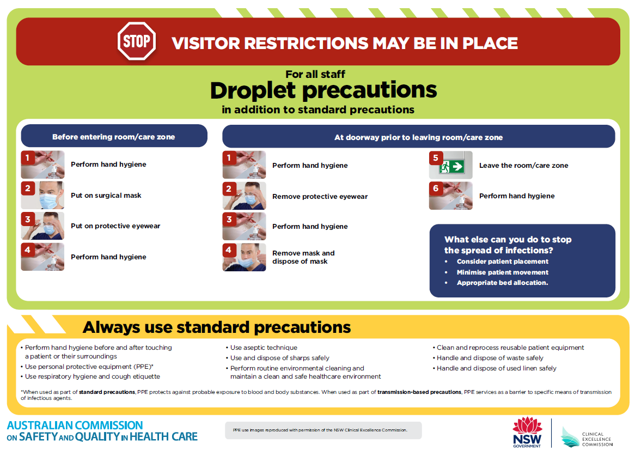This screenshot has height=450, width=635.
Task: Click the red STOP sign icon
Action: point(136,41)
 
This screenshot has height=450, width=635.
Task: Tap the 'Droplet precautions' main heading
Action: point(323,90)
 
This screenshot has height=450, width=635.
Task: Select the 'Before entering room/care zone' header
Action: point(114,137)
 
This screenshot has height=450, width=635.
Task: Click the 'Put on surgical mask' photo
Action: point(43,196)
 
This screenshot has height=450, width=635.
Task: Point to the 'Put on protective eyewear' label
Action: point(115,226)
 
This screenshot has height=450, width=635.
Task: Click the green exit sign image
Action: point(451,166)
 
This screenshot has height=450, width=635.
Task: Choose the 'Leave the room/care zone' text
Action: point(523,166)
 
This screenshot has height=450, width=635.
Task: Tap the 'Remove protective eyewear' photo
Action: point(245,196)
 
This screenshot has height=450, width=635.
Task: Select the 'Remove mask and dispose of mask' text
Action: point(303,257)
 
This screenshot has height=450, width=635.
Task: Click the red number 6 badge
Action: point(436,188)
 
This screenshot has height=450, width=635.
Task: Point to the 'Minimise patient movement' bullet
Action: point(502,272)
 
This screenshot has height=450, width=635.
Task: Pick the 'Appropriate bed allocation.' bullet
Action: point(502,283)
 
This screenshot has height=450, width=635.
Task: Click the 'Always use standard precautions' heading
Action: point(217,327)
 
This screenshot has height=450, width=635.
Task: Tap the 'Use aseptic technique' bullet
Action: point(264,348)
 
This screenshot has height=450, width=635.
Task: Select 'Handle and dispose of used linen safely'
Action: point(496,368)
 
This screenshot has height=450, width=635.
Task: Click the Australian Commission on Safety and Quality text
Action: point(102,431)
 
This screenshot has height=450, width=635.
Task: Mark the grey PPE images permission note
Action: point(323,430)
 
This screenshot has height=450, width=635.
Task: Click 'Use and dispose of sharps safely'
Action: point(280,358)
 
